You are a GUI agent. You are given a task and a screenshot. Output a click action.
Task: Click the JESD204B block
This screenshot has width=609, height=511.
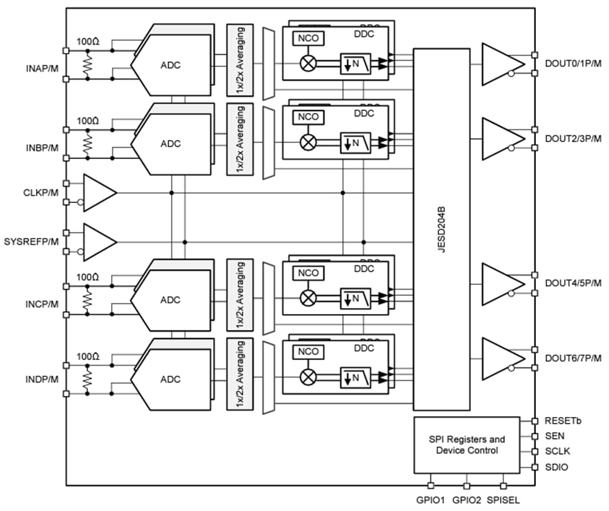(x=441, y=229)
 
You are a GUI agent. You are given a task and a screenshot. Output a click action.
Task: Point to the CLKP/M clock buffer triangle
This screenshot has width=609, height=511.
(x=97, y=193)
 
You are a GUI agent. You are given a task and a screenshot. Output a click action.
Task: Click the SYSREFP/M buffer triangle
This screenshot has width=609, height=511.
(x=97, y=242)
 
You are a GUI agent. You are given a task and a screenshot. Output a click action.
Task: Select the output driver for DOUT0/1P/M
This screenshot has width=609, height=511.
(x=501, y=64)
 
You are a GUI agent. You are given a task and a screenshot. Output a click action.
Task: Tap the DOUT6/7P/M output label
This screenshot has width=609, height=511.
(x=572, y=358)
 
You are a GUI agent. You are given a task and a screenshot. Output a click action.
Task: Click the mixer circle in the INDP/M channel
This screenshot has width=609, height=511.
(x=309, y=376)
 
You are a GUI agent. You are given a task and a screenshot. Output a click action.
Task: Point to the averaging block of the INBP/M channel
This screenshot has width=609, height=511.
(x=240, y=138)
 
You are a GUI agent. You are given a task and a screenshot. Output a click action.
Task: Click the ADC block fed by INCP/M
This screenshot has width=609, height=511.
(x=171, y=299)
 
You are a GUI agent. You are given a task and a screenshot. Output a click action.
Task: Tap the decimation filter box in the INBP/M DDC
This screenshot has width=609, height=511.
(x=355, y=142)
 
